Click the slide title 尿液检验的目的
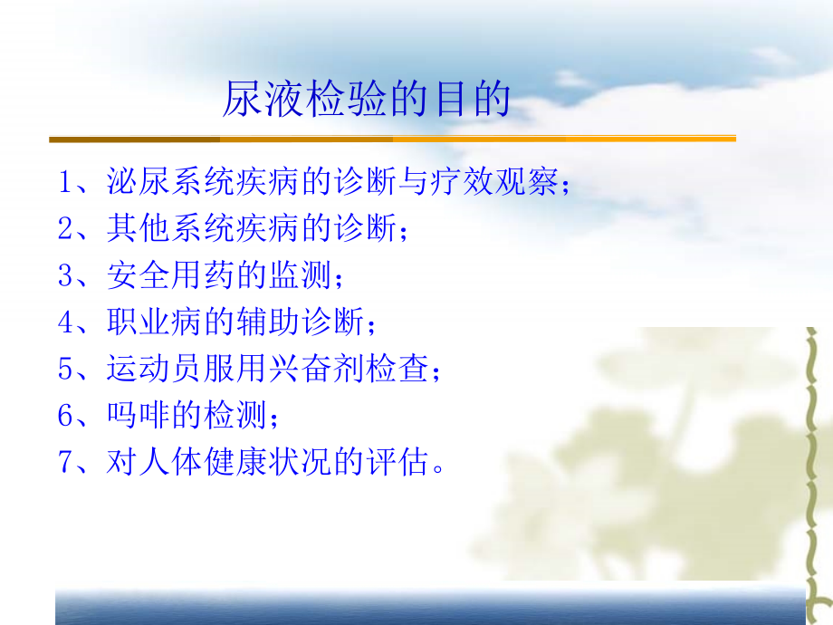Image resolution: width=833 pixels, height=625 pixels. pos(366,99)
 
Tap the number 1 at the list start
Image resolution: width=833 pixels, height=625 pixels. pos(65,182)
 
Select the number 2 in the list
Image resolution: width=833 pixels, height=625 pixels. pos(65,228)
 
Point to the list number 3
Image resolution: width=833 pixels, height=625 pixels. pos(65,275)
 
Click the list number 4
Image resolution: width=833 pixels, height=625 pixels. pos(65,322)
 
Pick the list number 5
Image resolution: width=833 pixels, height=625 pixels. pos(65,369)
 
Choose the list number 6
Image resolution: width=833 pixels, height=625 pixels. pos(65,415)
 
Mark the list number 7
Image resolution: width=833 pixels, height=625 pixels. pos(65,462)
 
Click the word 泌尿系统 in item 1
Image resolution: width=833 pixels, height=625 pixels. pos(171,182)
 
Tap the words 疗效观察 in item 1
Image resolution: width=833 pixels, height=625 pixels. pos(495,182)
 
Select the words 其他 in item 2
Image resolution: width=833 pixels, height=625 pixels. pos(139,228)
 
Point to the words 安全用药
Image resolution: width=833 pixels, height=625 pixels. pos(171,275)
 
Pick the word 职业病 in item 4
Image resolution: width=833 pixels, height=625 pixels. pos(155,322)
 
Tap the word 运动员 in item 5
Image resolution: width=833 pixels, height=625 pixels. pos(155,369)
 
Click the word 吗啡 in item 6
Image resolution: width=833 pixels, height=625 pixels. pos(139,415)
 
